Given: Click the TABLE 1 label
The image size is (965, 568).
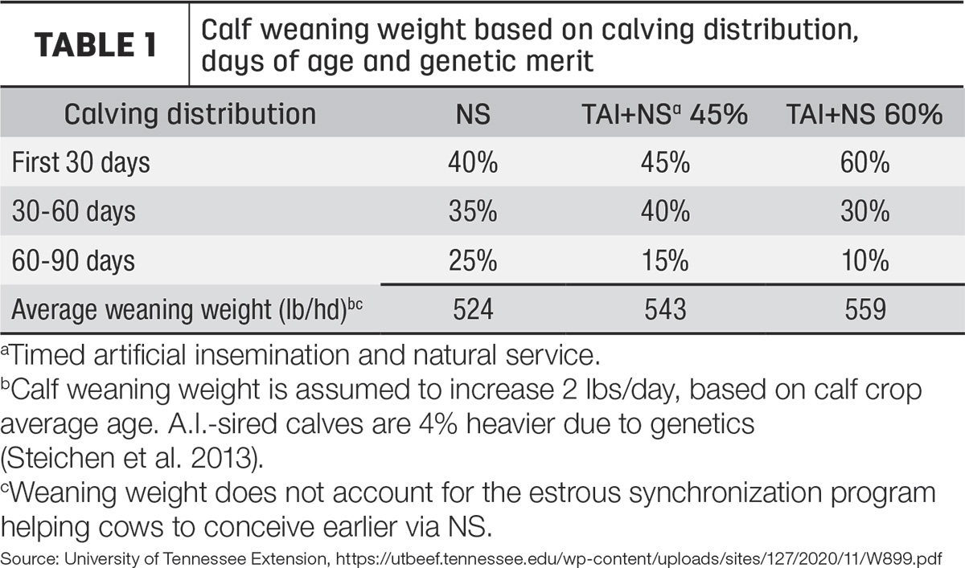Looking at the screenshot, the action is click(96, 45).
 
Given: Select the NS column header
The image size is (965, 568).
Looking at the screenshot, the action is click(473, 114).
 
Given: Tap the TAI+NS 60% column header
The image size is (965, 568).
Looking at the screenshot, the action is click(864, 114).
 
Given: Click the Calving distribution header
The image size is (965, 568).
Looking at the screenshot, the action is click(190, 114).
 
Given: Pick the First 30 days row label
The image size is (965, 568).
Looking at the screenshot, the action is click(81, 162).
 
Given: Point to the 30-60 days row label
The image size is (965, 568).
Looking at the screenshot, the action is click(74, 212).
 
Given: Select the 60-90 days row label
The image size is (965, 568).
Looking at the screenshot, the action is click(73, 261).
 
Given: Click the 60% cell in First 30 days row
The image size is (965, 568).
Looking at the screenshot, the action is click(864, 162).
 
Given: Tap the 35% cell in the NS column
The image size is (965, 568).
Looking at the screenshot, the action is click(473, 212).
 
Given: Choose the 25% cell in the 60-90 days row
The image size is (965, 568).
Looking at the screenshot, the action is click(473, 261).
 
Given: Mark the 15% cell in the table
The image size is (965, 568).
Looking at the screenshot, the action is click(665, 261).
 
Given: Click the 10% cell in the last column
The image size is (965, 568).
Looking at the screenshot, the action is click(864, 261).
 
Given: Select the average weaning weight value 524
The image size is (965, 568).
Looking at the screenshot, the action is click(473, 309).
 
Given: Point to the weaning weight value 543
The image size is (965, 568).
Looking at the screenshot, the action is click(665, 309).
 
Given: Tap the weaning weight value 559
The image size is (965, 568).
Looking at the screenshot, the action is click(865, 309).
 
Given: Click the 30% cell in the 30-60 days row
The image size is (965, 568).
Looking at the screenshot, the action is click(864, 212).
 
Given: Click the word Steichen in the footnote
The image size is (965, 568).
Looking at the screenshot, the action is click(60, 458).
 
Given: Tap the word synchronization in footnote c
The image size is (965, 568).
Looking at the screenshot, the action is click(725, 493).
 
